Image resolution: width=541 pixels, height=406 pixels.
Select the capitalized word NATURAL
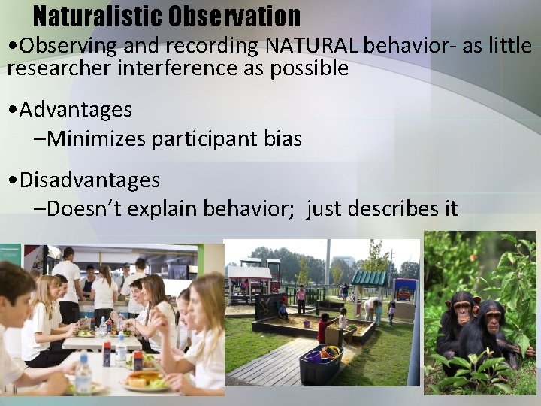pos(312,46)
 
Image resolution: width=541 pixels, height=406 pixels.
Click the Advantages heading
pos(76,110)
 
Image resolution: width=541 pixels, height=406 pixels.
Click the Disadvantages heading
pos(89,180)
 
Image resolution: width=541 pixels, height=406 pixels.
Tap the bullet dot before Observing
pos(13,47)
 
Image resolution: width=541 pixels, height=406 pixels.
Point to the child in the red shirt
pos(324,328)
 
